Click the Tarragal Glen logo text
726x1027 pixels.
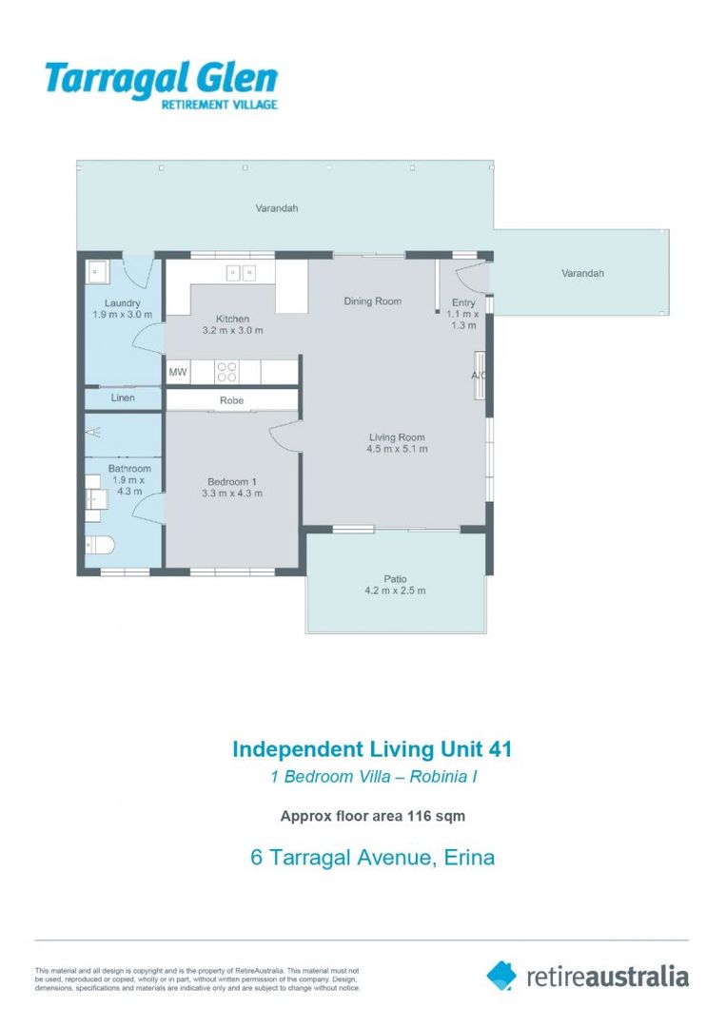click(161, 79)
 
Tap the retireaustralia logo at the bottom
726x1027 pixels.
click(587, 976)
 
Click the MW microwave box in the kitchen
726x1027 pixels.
click(178, 373)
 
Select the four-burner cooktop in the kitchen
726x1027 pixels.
click(226, 372)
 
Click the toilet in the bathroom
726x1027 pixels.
click(99, 545)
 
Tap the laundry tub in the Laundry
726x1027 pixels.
click(97, 273)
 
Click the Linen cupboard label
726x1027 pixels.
click(123, 398)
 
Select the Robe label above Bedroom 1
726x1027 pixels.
click(232, 400)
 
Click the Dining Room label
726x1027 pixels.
click(372, 301)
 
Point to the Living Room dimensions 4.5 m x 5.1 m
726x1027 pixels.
click(398, 449)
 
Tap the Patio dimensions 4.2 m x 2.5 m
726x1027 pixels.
click(395, 591)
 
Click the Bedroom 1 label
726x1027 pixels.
click(232, 481)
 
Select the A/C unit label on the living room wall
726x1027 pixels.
click(479, 376)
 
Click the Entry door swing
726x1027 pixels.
click(470, 277)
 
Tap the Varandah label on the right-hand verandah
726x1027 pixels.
click(582, 273)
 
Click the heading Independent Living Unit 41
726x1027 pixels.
click(372, 749)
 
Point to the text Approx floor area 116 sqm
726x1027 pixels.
click(372, 815)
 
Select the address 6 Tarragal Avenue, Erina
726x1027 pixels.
click(372, 858)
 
